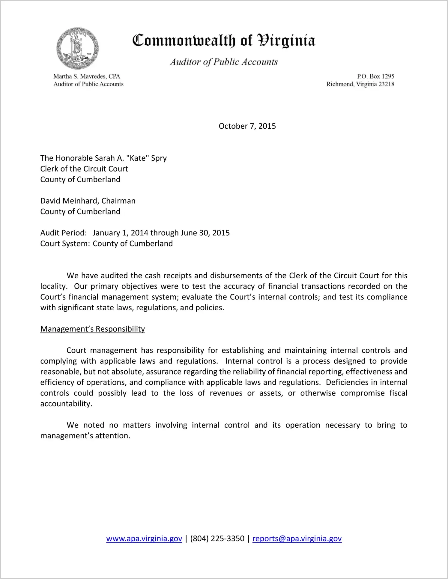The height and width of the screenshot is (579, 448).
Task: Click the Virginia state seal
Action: click(77, 48)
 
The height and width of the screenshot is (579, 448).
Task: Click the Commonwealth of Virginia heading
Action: click(224, 40)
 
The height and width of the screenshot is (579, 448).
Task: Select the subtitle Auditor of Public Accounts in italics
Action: click(224, 62)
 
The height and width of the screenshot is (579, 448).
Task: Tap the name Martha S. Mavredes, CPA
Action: click(87, 76)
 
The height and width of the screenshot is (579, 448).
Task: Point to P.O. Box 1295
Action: click(375, 76)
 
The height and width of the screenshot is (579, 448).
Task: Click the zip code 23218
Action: click(386, 84)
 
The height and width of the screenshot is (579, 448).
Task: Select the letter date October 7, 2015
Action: click(247, 126)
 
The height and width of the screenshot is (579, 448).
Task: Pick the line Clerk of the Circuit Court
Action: click(84, 169)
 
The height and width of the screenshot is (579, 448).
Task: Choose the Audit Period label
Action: click(64, 233)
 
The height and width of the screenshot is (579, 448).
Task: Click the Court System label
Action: click(65, 243)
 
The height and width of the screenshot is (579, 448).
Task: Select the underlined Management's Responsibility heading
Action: click(92, 329)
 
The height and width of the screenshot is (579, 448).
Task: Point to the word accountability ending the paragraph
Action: click(66, 404)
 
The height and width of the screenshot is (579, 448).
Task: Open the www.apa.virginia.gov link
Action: click(144, 539)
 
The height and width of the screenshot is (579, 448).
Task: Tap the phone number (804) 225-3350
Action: click(217, 539)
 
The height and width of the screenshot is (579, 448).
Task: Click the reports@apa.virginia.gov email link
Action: click(297, 539)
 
